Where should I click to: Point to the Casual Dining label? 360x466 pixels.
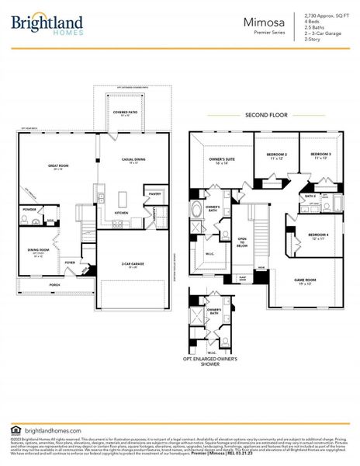click(133, 160)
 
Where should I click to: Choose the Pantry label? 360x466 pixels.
click(154, 194)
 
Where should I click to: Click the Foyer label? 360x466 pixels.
click(70, 263)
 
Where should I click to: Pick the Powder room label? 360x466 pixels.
click(30, 209)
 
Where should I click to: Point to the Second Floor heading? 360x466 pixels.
click(266, 115)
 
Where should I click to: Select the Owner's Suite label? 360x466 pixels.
click(222, 159)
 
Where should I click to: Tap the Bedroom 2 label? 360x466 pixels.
click(276, 155)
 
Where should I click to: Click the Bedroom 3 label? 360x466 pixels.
click(321, 155)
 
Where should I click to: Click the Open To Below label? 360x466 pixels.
click(242, 241)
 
